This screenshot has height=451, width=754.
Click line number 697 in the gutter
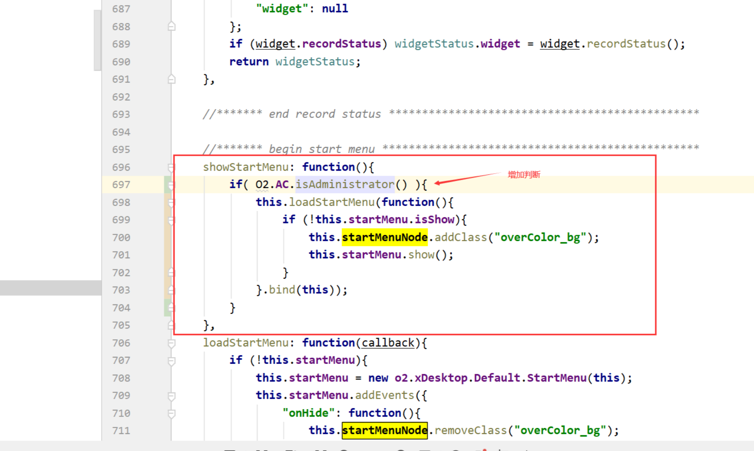(121, 185)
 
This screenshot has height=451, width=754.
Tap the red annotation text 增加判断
(524, 175)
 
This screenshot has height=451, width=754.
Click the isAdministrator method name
(345, 184)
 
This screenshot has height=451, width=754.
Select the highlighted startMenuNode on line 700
(384, 238)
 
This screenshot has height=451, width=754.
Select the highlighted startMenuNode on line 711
(384, 430)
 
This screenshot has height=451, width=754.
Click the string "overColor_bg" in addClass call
(540, 238)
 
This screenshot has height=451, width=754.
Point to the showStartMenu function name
(246, 167)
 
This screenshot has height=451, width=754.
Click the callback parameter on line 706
(388, 343)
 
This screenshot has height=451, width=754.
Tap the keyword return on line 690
(249, 62)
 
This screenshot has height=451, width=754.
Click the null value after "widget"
(335, 9)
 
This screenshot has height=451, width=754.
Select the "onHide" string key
(308, 413)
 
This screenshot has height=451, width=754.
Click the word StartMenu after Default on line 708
(556, 378)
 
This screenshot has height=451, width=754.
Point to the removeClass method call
(470, 431)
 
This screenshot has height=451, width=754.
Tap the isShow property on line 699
(434, 220)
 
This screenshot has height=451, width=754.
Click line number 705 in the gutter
(121, 326)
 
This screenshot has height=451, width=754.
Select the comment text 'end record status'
(325, 114)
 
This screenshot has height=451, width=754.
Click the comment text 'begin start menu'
(321, 149)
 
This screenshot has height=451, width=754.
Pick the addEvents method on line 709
(384, 395)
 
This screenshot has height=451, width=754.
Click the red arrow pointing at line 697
(465, 179)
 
